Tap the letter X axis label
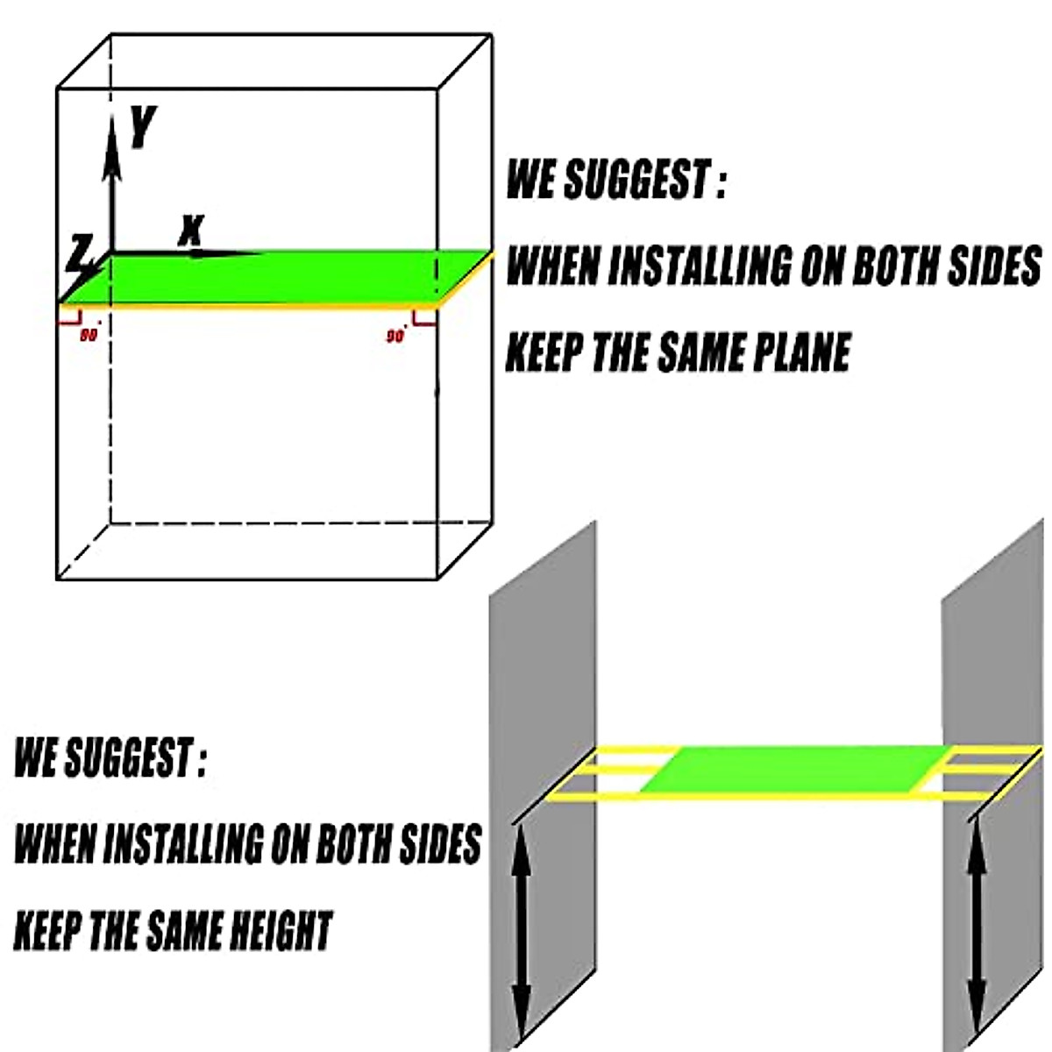click(x=190, y=230)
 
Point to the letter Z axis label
click(x=79, y=254)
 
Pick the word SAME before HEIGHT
click(x=179, y=931)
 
